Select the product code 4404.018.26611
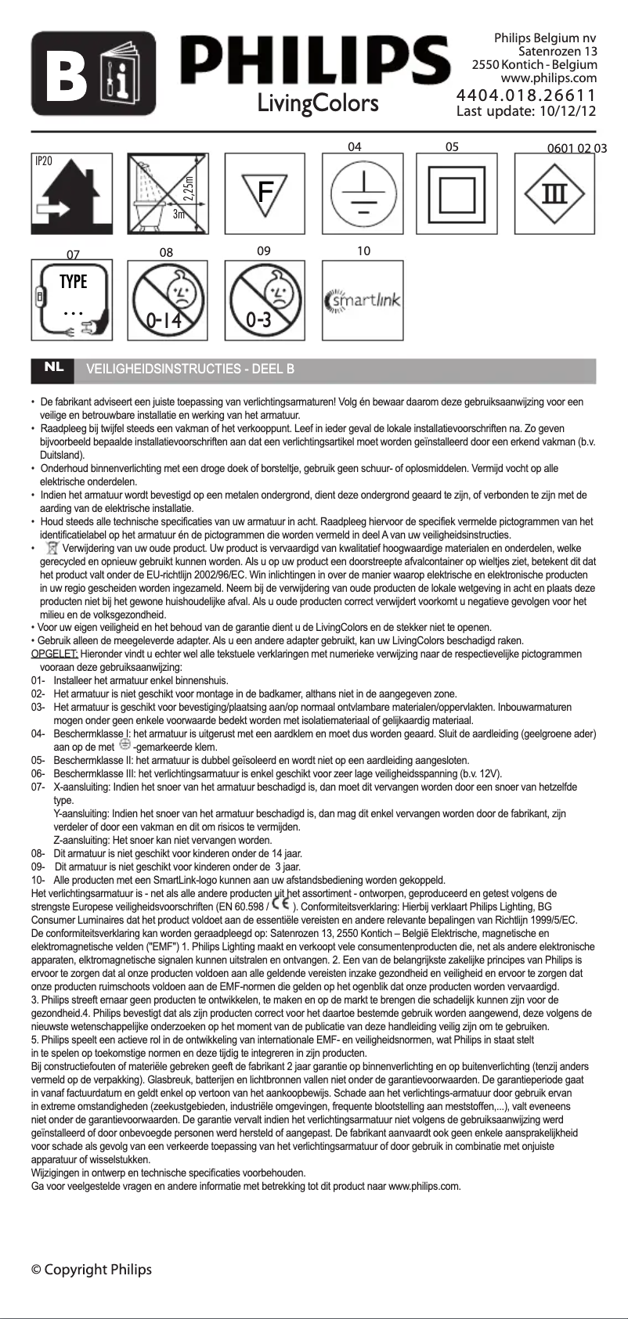526,96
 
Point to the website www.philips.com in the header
548,78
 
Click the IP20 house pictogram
70,192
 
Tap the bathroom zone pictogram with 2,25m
167,192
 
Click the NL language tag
53,367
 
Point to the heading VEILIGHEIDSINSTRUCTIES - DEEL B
190,369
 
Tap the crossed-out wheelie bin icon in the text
52,547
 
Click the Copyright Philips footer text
92,1270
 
